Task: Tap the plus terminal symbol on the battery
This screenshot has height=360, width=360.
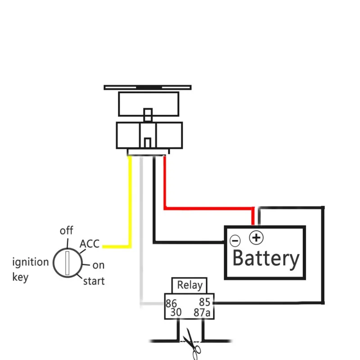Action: (x=256, y=238)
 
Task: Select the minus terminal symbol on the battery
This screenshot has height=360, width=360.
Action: (x=235, y=241)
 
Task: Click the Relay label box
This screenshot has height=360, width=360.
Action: (x=189, y=285)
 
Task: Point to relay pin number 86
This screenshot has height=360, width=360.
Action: (x=171, y=303)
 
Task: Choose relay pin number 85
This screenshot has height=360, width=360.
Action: (x=205, y=302)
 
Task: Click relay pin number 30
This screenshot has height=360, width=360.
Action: (x=176, y=312)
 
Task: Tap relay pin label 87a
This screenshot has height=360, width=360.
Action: (x=202, y=312)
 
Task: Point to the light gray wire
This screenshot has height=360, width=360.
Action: (x=141, y=229)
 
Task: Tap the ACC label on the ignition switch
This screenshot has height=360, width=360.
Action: (x=90, y=244)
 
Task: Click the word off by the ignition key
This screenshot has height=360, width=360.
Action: (x=66, y=230)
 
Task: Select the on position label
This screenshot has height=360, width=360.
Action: (x=99, y=265)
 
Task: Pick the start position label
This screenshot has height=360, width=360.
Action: (x=94, y=281)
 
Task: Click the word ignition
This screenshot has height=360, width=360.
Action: (x=31, y=262)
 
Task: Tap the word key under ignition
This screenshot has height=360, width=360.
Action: (x=20, y=277)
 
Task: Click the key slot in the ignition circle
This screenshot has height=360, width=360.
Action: (x=67, y=263)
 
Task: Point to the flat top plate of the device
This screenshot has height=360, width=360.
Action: (x=148, y=87)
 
